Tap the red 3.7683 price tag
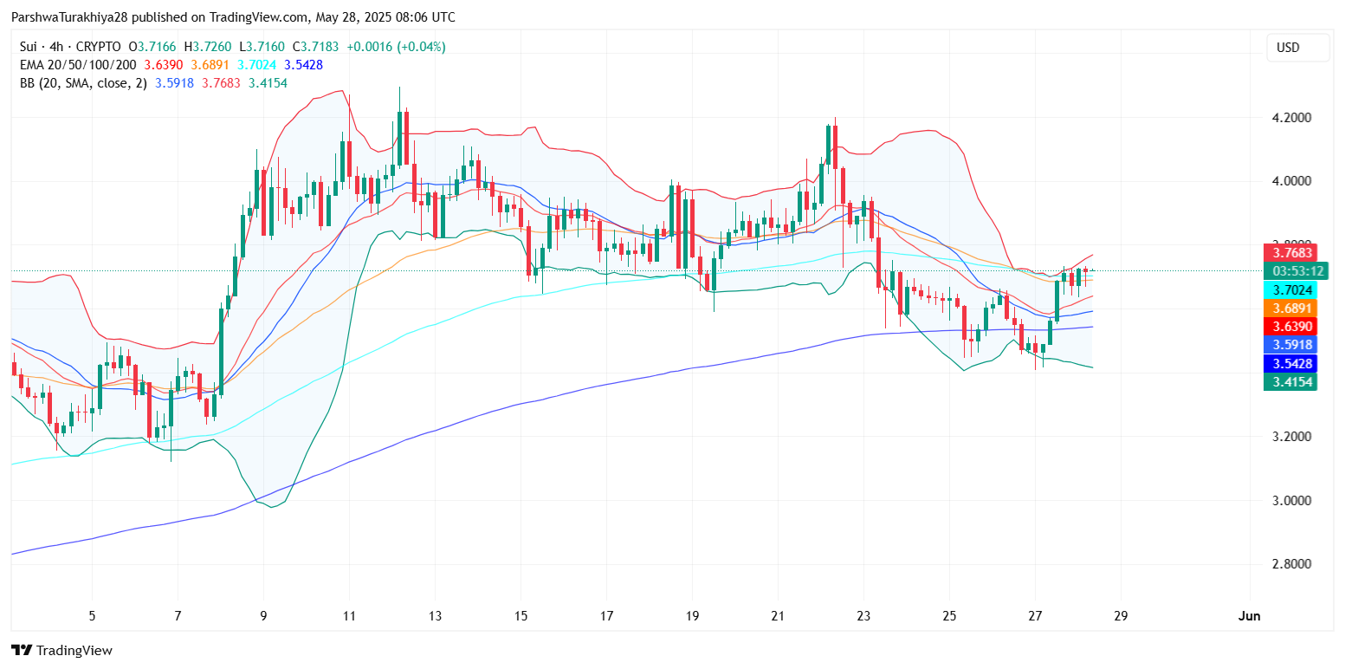point(1290,253)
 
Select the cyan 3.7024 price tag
point(1290,290)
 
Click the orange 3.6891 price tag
point(1290,309)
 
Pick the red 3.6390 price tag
point(1290,326)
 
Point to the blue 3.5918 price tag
point(1290,345)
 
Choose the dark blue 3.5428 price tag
point(1290,363)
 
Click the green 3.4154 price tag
point(1290,381)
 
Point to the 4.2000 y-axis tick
point(1290,118)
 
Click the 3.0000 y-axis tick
point(1290,500)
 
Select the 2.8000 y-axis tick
point(1290,564)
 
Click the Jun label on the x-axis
point(1249,616)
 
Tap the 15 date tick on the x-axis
point(521,616)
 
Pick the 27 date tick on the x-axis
point(1035,616)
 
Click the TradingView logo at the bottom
point(62,650)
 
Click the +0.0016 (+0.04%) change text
point(396,47)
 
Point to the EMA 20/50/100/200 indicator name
point(76,65)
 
